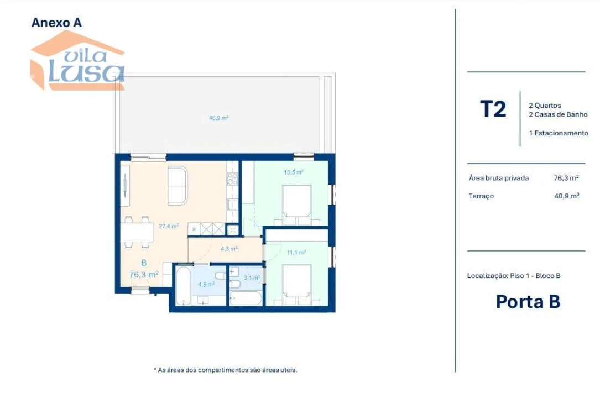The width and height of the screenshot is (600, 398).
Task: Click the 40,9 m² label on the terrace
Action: (219, 118)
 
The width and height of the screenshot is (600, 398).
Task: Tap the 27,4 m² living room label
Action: (168, 226)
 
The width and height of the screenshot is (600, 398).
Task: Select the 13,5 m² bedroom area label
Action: (293, 172)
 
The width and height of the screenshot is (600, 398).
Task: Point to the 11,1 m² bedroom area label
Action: (296, 252)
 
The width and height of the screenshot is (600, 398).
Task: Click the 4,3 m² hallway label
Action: (228, 249)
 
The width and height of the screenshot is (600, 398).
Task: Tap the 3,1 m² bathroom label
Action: (252, 278)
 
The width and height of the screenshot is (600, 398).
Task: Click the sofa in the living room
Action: (178, 185)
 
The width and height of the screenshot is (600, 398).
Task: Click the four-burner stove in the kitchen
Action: (233, 179)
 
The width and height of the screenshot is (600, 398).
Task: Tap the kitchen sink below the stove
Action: (233, 203)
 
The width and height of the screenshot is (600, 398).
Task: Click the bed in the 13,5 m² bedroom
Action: (297, 205)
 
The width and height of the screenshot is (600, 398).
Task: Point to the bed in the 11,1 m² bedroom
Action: (297, 284)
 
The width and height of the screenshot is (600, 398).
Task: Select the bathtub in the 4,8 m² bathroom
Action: (183, 286)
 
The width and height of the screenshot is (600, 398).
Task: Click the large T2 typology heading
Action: (493, 109)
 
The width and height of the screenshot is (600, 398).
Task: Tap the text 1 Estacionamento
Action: (559, 133)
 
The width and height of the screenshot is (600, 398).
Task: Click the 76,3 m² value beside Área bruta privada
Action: (566, 178)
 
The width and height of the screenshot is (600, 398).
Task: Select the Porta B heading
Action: (528, 302)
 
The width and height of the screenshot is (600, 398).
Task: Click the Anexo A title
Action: (56, 23)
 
